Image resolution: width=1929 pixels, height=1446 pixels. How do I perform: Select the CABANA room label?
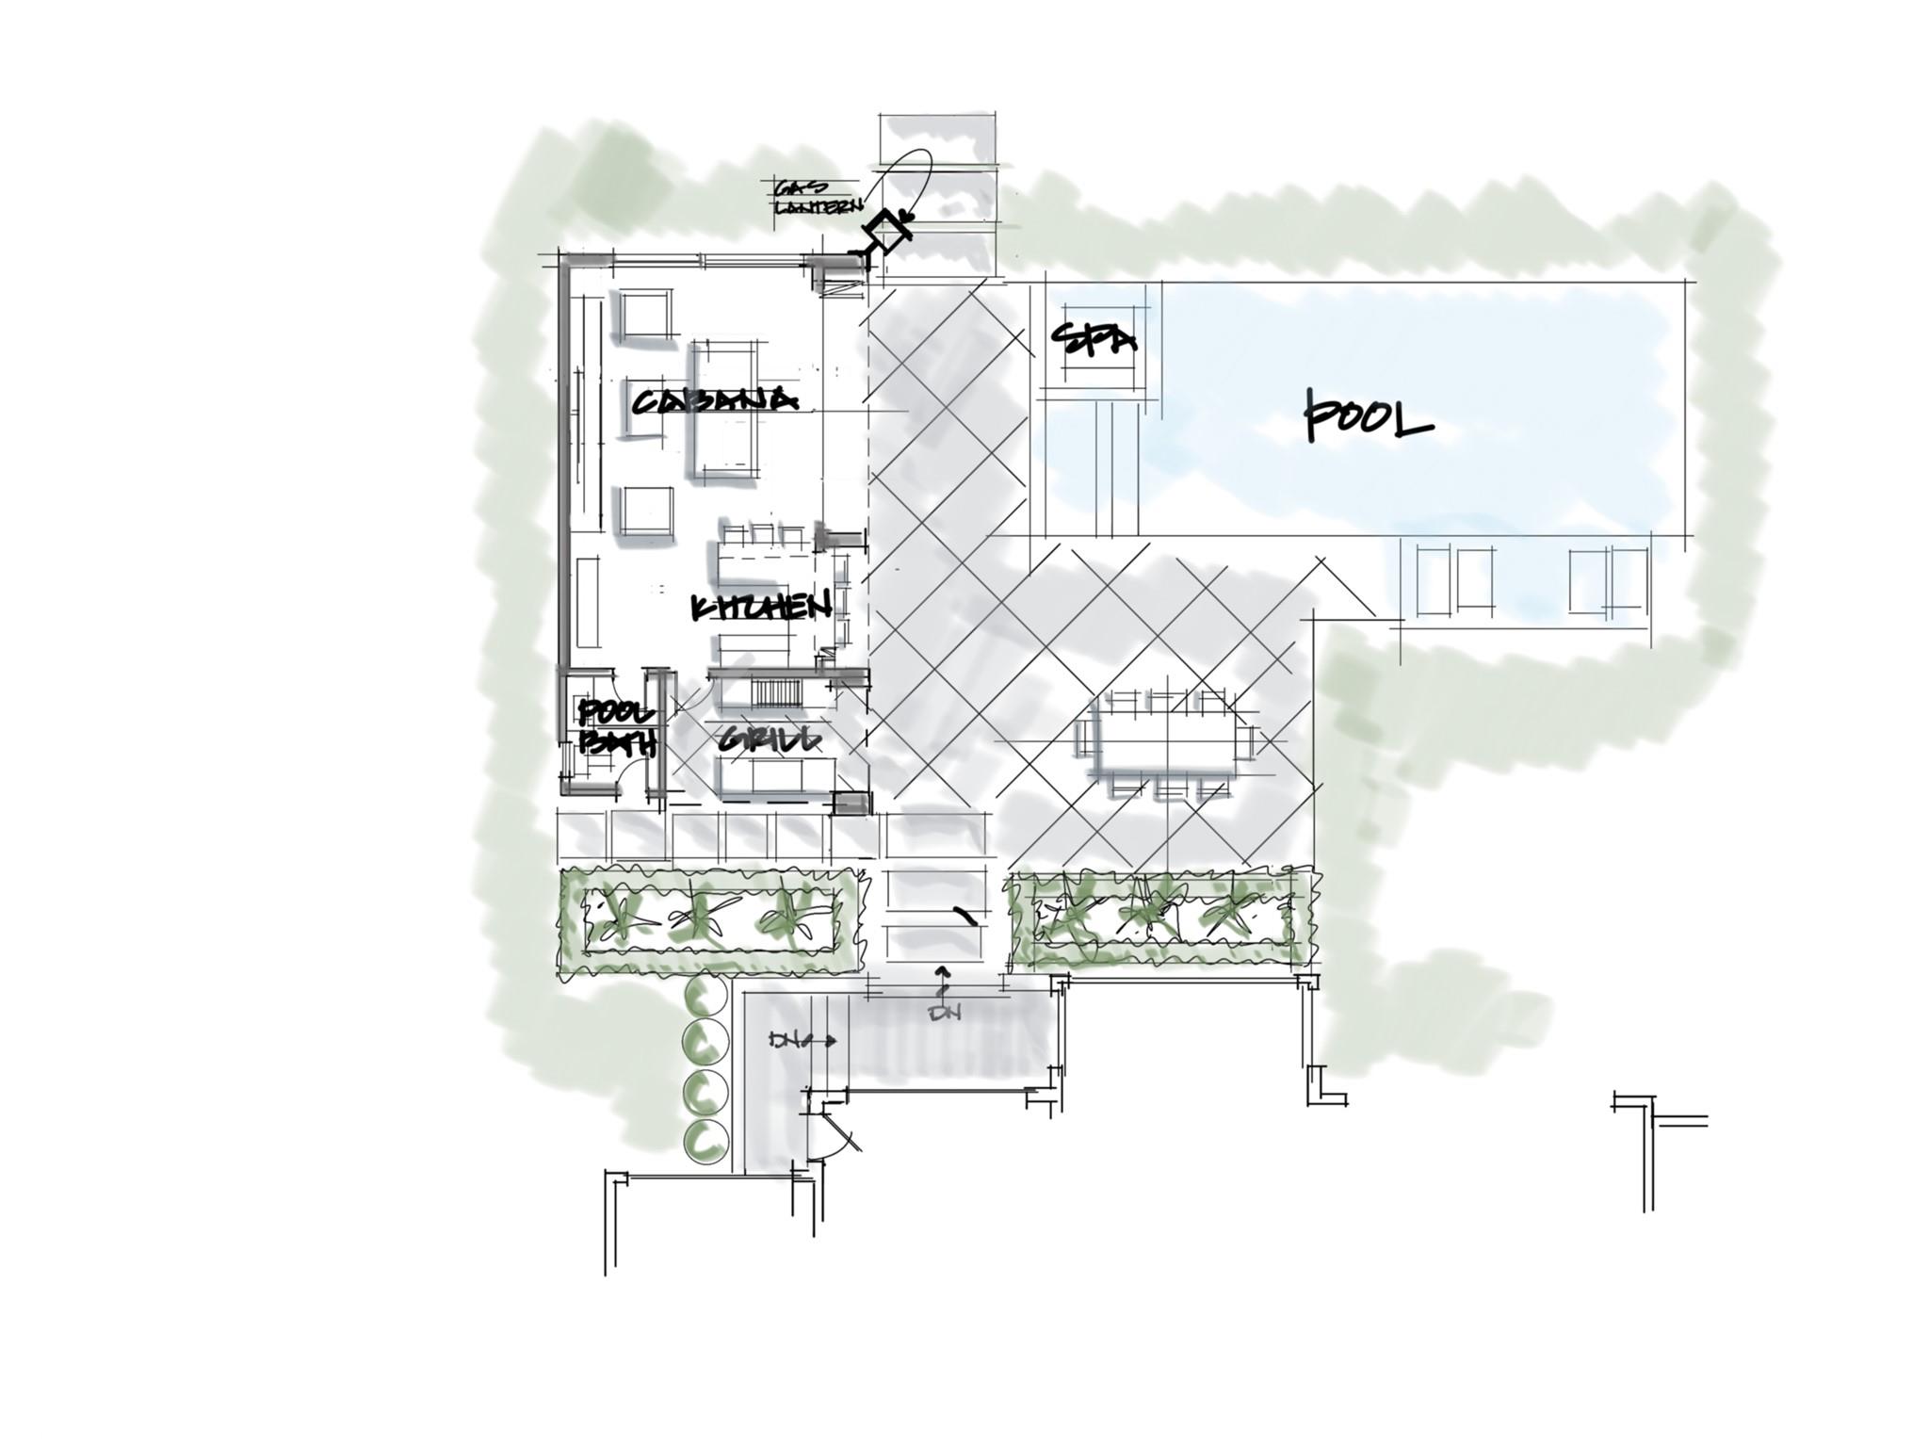point(714,401)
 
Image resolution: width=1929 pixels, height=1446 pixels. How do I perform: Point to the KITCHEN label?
point(761,608)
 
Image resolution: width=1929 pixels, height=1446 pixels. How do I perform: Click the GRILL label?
point(768,740)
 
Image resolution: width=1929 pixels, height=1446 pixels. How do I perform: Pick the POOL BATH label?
point(616,727)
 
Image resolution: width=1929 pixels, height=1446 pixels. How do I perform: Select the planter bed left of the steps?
point(708,919)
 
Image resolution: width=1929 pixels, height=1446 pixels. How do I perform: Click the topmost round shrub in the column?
point(704,993)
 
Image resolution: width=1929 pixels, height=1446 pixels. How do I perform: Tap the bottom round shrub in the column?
point(705,1140)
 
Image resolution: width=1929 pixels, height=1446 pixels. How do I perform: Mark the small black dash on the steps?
point(963,914)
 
